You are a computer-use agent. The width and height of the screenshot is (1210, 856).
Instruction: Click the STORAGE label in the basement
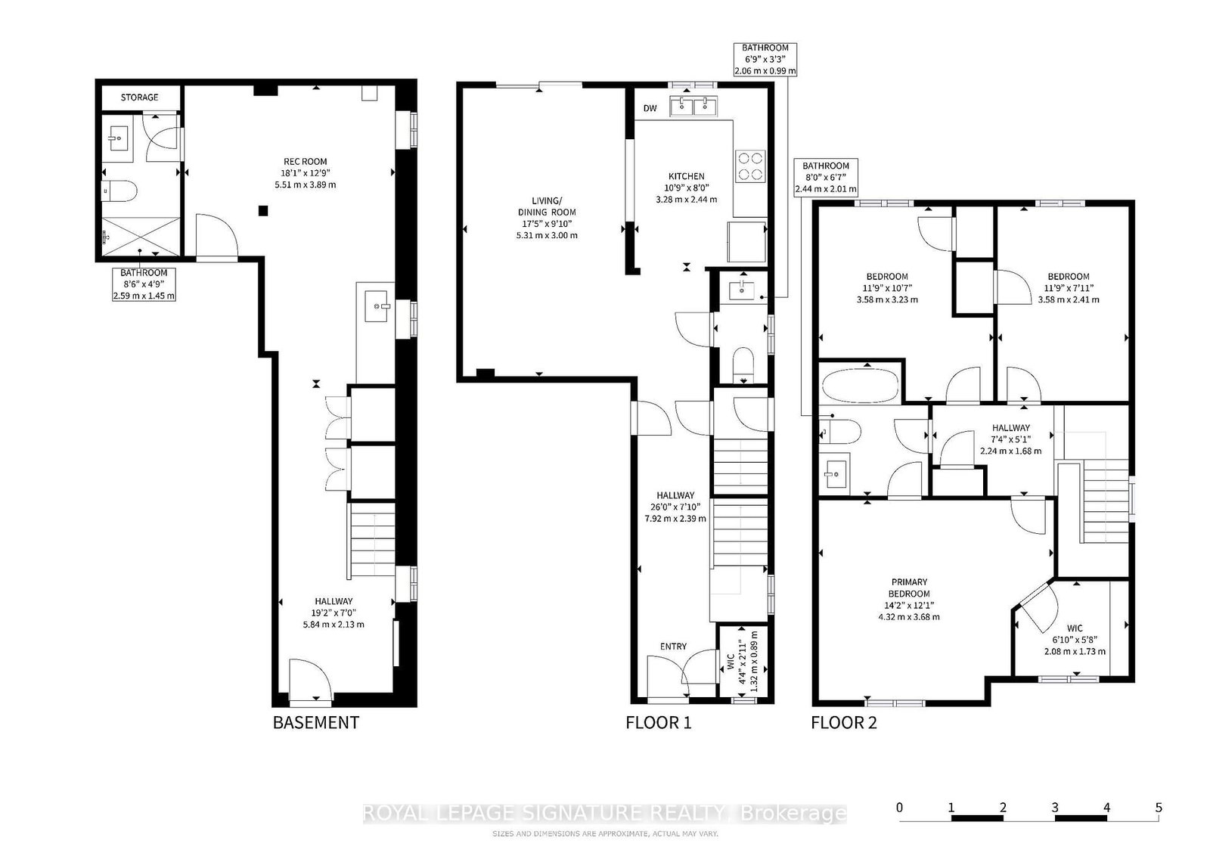pyautogui.click(x=140, y=98)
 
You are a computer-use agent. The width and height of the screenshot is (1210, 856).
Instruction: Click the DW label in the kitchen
pyautogui.click(x=650, y=109)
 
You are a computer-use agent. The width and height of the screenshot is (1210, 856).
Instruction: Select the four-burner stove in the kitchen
pyautogui.click(x=750, y=166)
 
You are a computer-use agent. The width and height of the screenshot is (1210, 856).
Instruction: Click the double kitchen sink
pyautogui.click(x=693, y=106)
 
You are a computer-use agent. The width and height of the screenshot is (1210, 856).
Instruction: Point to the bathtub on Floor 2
pyautogui.click(x=861, y=383)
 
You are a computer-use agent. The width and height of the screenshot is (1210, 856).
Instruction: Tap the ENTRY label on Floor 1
pyautogui.click(x=673, y=646)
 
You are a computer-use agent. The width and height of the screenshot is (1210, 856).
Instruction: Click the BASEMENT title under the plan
pyautogui.click(x=315, y=722)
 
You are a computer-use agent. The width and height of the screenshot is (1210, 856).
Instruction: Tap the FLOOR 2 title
pyautogui.click(x=843, y=722)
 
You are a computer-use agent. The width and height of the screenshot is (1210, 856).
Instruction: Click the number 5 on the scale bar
pyautogui.click(x=1159, y=808)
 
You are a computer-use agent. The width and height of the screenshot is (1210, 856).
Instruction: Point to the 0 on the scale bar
pyautogui.click(x=899, y=808)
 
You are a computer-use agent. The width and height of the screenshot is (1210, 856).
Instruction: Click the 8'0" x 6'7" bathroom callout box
pyautogui.click(x=826, y=177)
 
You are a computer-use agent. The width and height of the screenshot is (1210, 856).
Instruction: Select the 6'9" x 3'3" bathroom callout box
pyautogui.click(x=765, y=59)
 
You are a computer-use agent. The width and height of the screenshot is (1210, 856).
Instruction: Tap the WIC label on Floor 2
pyautogui.click(x=1075, y=628)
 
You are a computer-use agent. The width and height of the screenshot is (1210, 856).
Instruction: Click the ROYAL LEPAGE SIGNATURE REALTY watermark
pyautogui.click(x=605, y=814)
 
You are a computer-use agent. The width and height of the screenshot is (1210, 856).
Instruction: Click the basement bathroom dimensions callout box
pyautogui.click(x=144, y=284)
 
